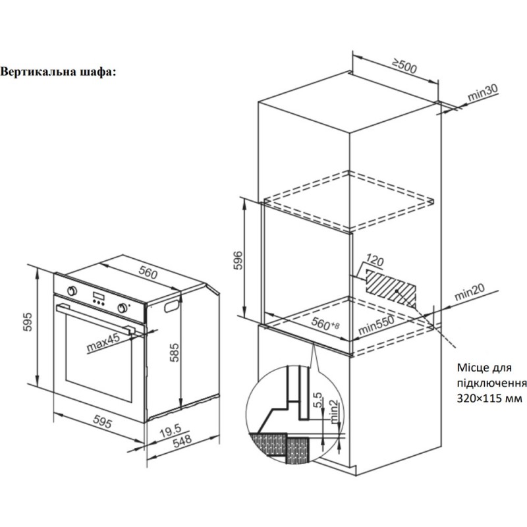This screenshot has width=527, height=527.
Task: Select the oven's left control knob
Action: (72, 290)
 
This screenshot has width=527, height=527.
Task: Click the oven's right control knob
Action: (122, 307)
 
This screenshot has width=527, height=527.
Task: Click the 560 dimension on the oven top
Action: (148, 271)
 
